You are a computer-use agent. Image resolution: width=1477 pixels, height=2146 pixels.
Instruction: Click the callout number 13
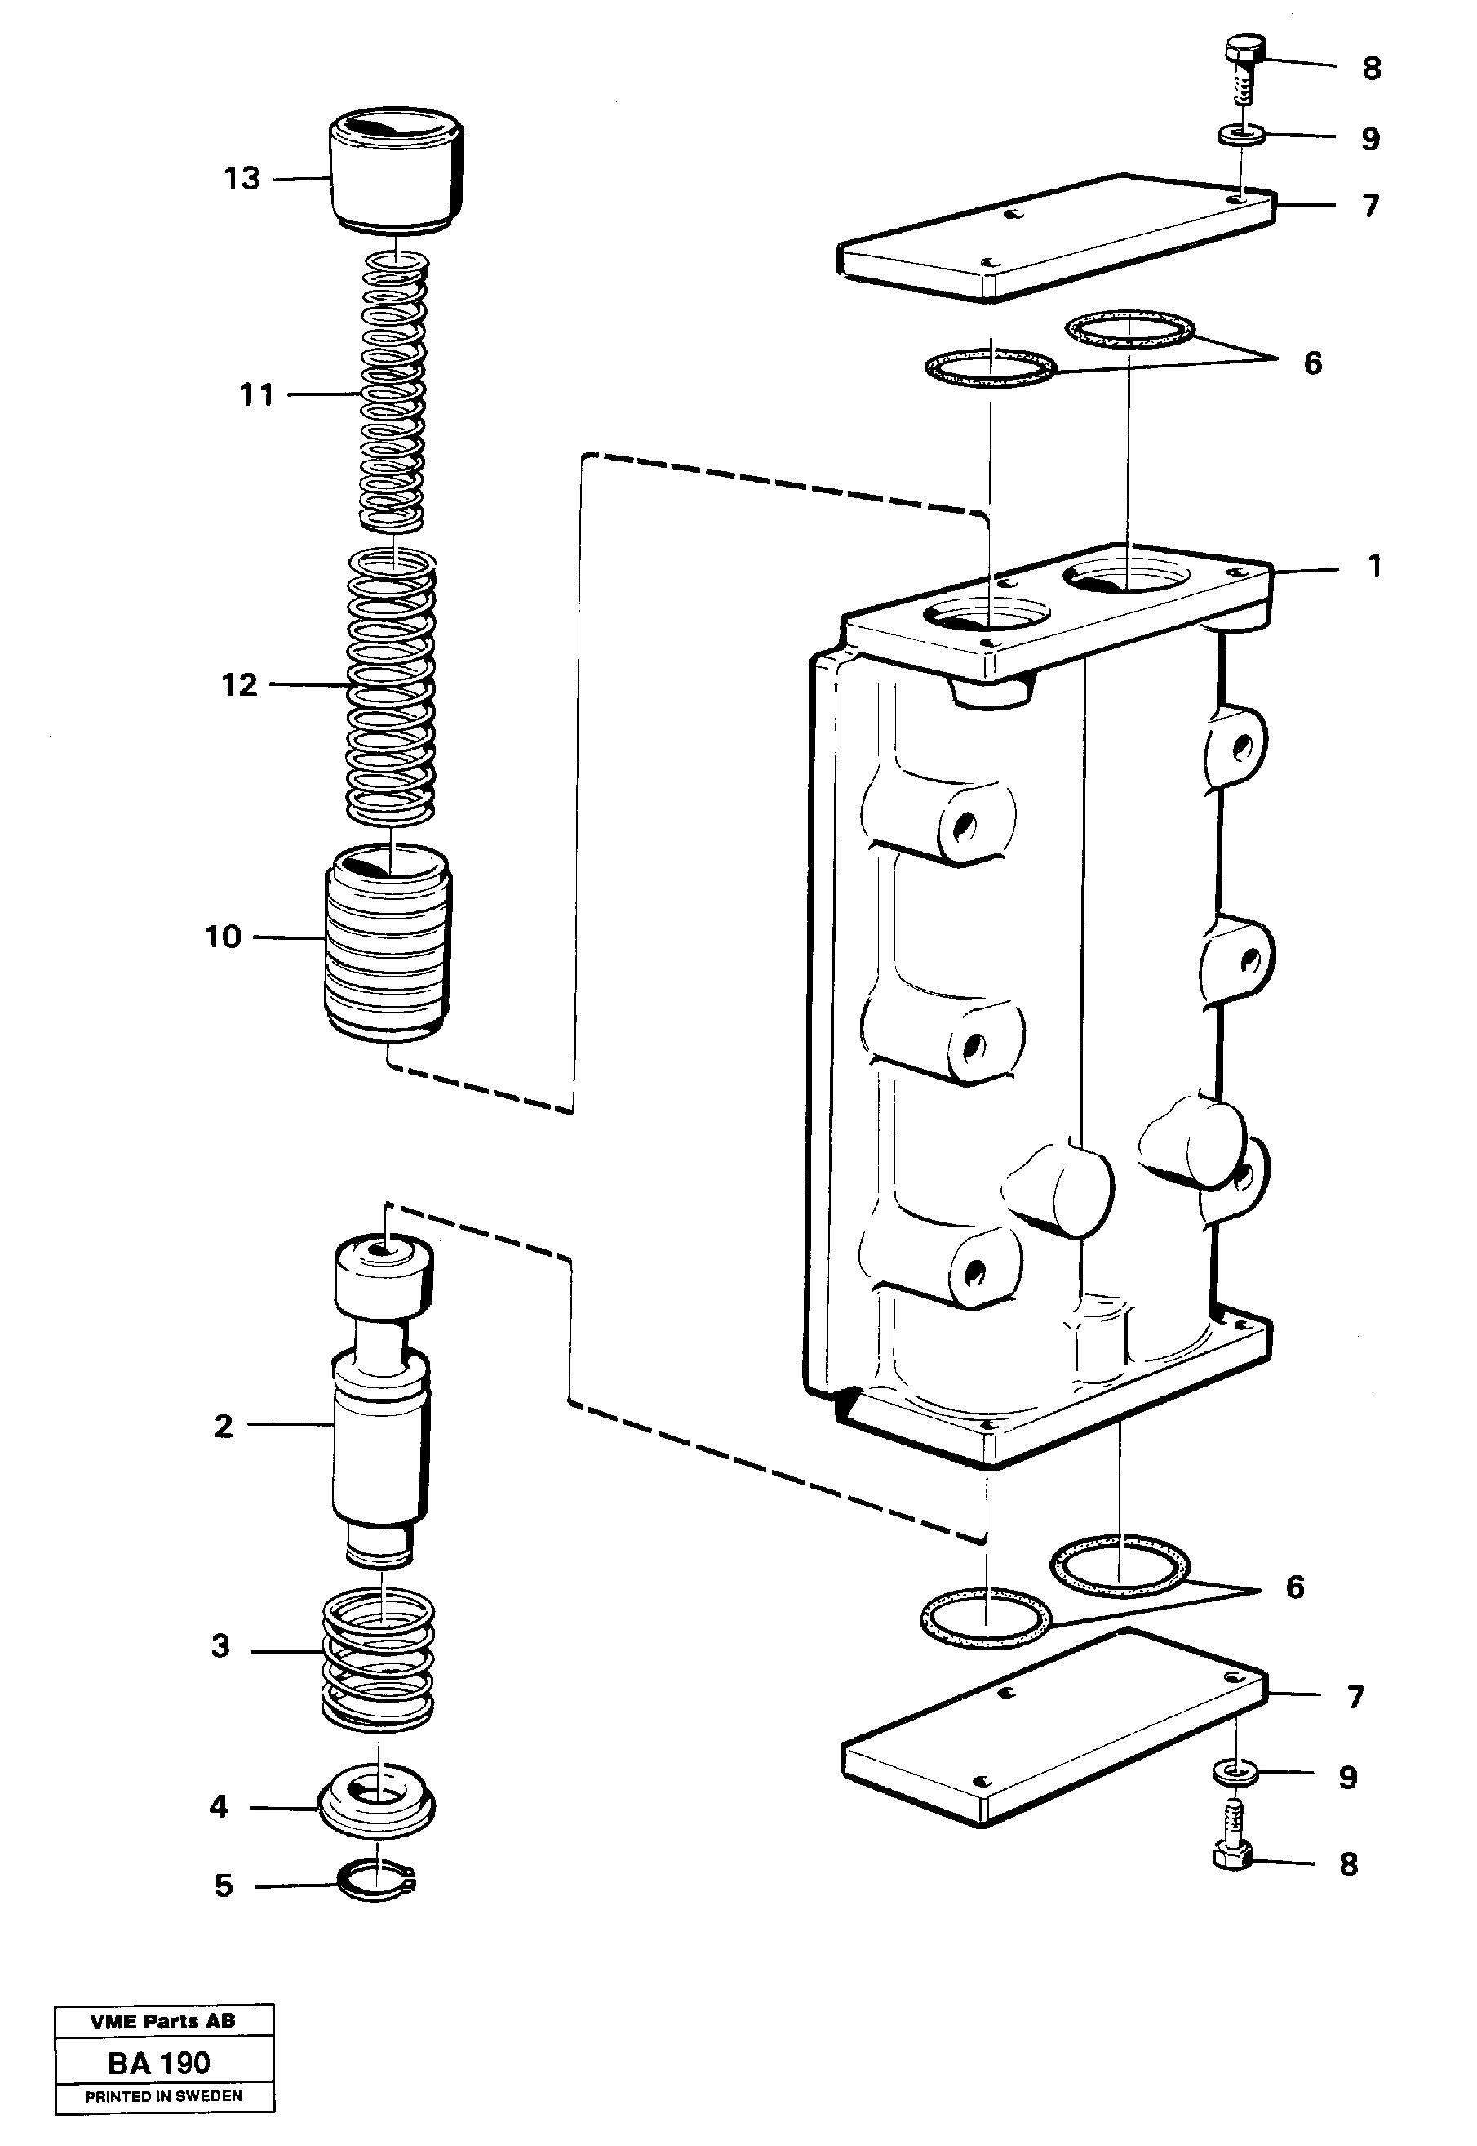click(242, 178)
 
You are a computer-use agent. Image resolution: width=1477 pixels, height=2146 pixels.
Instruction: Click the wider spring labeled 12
click(392, 686)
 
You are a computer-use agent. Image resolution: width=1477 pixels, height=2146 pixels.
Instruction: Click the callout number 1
click(1374, 566)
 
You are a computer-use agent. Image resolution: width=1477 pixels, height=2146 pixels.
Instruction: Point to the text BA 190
click(159, 2064)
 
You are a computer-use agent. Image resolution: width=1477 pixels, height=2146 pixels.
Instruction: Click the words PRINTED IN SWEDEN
click(164, 2096)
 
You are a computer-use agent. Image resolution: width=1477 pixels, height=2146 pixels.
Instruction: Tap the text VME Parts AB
click(163, 2022)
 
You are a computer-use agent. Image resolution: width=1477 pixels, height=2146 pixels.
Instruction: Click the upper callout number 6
click(1312, 363)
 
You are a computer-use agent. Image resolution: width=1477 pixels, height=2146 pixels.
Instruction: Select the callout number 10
click(223, 937)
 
